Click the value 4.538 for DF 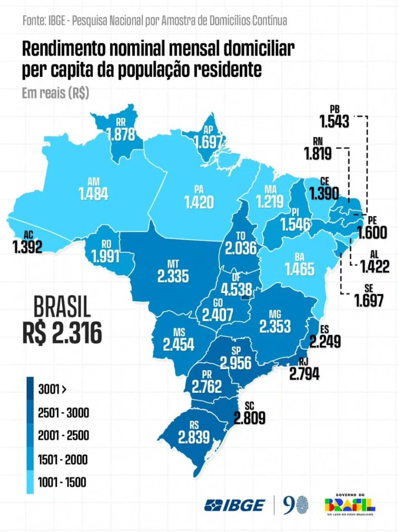236,289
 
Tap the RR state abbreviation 120,122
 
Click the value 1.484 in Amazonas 94,194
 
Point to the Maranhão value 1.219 270,202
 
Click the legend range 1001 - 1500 62,482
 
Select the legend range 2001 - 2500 63,436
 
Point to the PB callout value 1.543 334,121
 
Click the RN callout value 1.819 318,153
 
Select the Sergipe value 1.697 369,301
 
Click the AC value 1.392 28,247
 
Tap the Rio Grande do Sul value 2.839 194,437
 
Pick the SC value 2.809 249,418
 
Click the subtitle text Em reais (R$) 55,93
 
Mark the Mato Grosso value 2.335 173,276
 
